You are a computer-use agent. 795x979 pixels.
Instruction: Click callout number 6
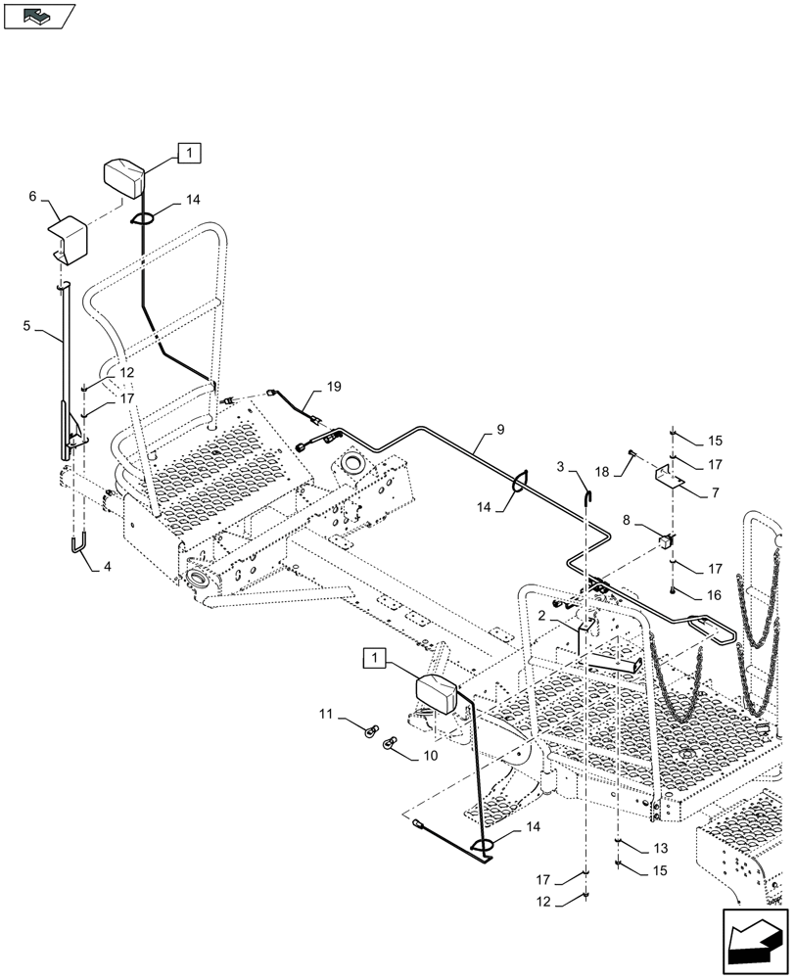tap(32, 196)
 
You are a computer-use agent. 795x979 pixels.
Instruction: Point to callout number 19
tap(334, 388)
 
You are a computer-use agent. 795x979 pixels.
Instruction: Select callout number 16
tap(715, 593)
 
